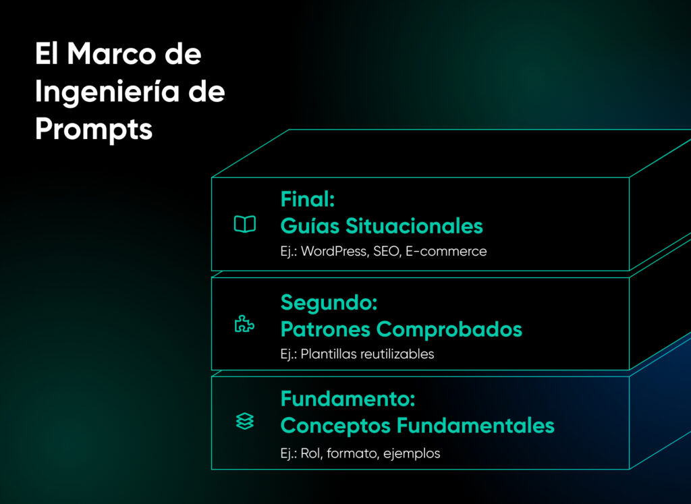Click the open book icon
click(244, 225)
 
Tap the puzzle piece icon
click(244, 325)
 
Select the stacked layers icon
click(244, 422)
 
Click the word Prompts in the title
click(94, 129)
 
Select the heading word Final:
click(308, 199)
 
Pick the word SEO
click(385, 252)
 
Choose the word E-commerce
click(446, 252)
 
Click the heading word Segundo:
click(329, 302)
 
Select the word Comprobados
click(449, 329)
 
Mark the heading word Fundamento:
click(348, 399)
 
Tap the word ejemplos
click(412, 454)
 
